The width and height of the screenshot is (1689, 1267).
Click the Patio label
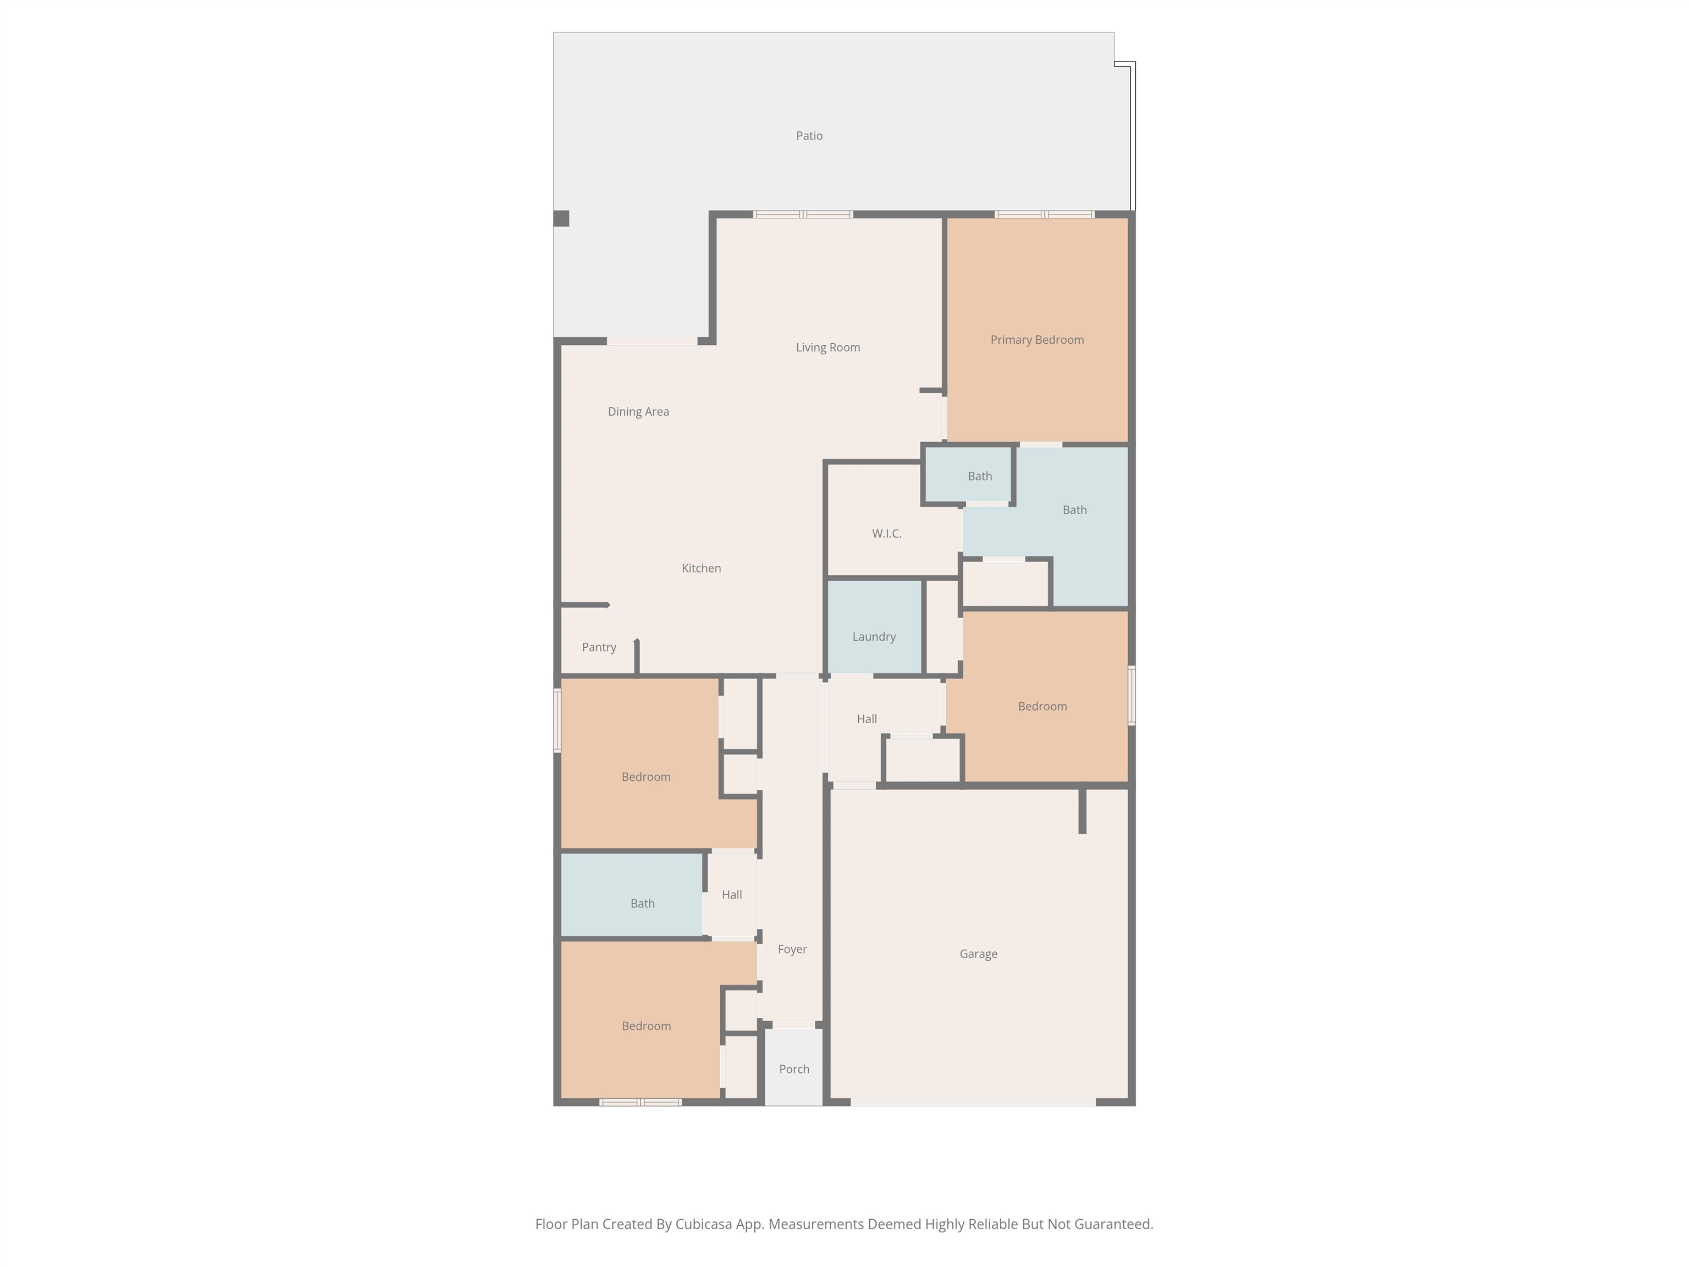click(809, 136)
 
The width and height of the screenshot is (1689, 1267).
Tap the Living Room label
click(827, 348)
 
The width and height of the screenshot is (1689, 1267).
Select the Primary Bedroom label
click(1037, 340)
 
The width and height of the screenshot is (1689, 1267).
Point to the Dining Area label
click(638, 412)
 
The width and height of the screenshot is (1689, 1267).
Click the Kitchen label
click(701, 568)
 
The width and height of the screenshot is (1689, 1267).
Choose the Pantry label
click(599, 648)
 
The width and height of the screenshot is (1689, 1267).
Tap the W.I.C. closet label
click(886, 534)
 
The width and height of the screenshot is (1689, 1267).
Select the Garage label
click(978, 954)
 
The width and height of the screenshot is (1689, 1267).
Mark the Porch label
click(794, 1069)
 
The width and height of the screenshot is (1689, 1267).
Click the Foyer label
click(792, 949)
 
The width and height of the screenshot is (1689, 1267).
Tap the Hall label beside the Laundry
click(866, 719)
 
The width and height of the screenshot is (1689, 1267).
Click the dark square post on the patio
click(561, 218)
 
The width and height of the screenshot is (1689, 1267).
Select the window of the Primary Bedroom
click(1045, 214)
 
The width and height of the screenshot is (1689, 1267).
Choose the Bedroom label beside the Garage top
click(1042, 707)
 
